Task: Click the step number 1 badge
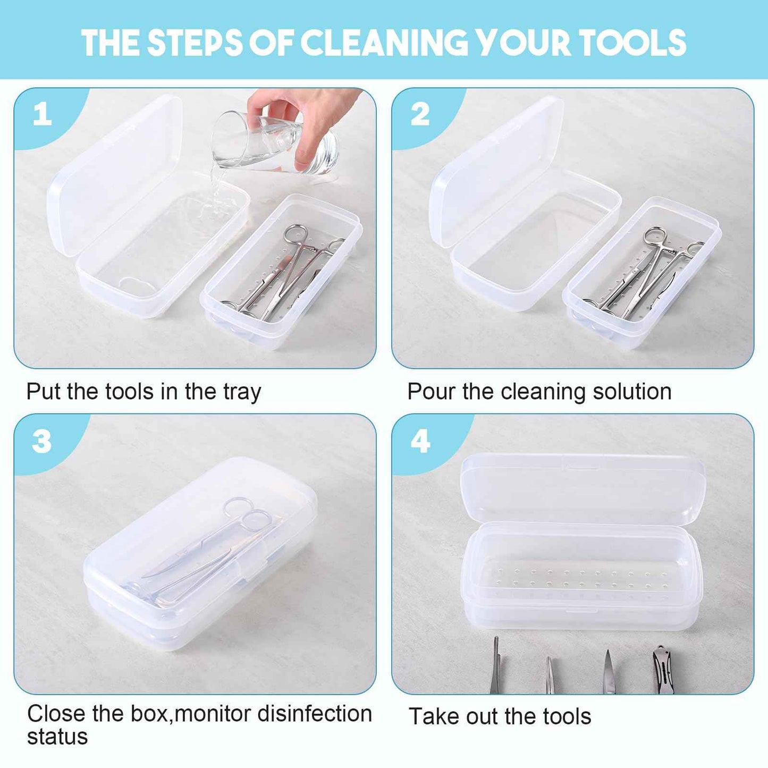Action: tap(43, 114)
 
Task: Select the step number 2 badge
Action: tap(420, 114)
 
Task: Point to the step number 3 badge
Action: tap(41, 442)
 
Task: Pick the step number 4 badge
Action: tap(420, 442)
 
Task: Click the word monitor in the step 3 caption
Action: tap(213, 714)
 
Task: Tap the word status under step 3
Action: tap(57, 737)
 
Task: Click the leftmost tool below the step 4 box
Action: tap(495, 667)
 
